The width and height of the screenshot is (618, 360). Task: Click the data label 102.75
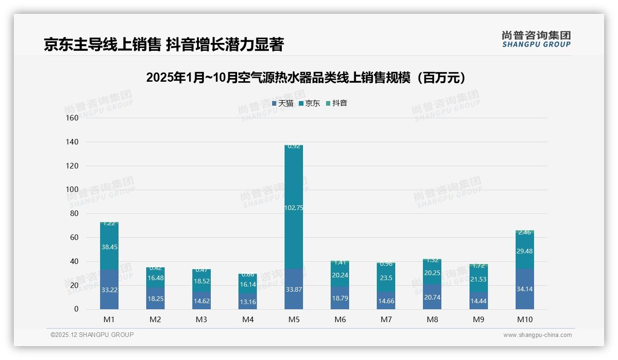pos(294,208)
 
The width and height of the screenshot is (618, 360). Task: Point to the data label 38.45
pos(109,247)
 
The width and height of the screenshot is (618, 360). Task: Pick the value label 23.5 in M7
pos(386,278)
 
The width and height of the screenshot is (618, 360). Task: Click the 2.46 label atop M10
pos(524,233)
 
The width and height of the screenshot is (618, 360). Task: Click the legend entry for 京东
pos(309,103)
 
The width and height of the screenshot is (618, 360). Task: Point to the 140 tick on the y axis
pos(72,142)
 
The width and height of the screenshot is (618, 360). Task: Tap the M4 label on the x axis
pos(248,319)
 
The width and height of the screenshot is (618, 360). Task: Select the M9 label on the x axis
pos(478,319)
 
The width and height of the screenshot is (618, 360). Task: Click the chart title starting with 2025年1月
pos(306,78)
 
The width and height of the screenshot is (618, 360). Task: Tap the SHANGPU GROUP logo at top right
pos(536,39)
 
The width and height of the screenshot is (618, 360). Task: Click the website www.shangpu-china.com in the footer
pos(537,335)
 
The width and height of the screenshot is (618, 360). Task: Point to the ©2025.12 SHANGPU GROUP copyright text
pos(92,335)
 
